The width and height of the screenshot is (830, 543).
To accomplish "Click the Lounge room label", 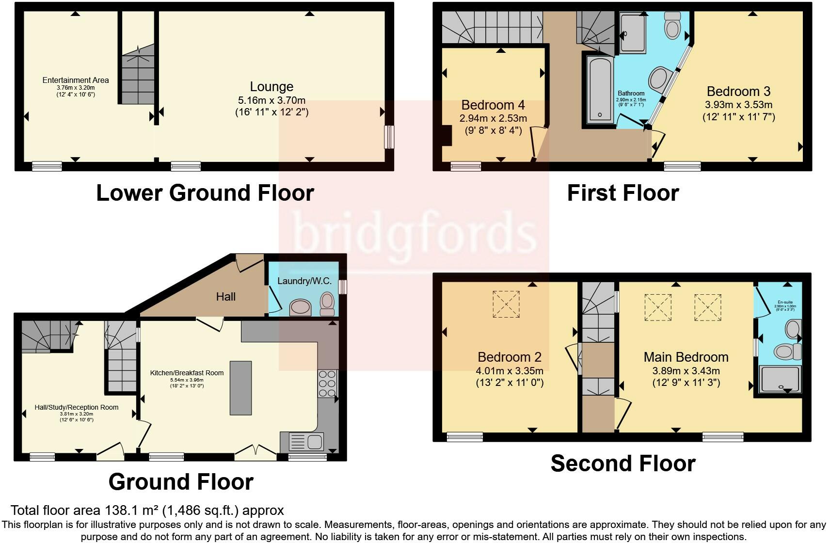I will (x=271, y=87).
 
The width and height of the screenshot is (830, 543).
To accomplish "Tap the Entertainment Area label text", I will (x=76, y=80).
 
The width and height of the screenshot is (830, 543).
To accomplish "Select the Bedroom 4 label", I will (x=493, y=105).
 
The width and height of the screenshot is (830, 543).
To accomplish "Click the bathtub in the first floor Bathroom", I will (x=600, y=90).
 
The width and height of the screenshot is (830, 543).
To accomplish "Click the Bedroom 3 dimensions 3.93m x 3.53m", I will (x=738, y=105).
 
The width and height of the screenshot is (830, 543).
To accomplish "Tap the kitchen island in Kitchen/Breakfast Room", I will (x=241, y=388).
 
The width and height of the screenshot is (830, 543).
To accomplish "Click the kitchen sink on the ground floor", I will (x=306, y=441).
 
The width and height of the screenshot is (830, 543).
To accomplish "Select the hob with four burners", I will (x=328, y=383).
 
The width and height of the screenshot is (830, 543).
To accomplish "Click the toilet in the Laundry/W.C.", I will (x=328, y=303).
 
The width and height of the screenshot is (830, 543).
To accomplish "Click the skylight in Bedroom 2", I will (x=506, y=304).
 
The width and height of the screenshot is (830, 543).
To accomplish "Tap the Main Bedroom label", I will (x=686, y=357).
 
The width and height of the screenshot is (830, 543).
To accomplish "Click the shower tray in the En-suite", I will (x=779, y=379).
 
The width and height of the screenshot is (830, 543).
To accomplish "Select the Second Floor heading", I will (x=623, y=463).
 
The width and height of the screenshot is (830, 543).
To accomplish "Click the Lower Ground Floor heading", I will (x=205, y=193).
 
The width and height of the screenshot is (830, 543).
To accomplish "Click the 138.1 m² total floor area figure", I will (x=132, y=511).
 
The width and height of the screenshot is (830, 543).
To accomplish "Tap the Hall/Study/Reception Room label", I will (x=77, y=407).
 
